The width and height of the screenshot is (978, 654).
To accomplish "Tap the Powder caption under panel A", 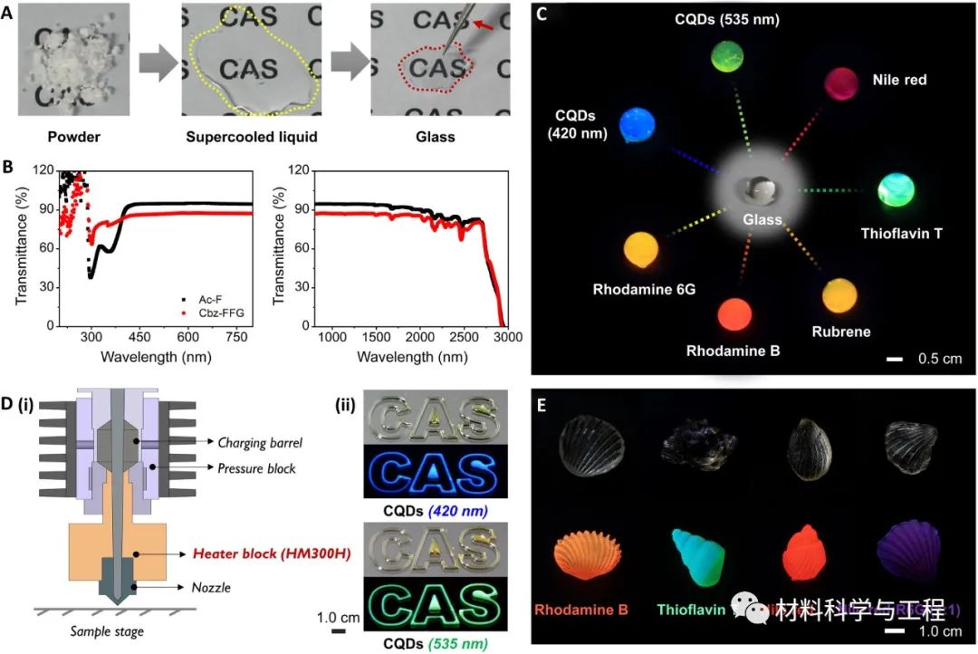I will [x=67, y=138].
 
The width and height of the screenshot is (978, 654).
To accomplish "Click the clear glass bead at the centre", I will [x=755, y=190].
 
